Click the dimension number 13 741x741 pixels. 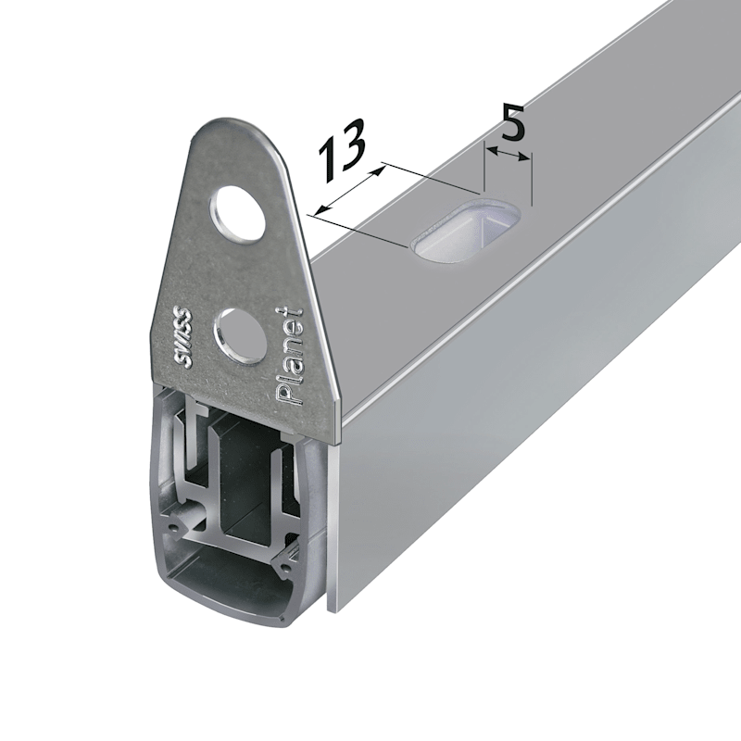[x=342, y=150]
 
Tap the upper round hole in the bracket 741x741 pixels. [x=237, y=215]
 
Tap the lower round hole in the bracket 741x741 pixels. [x=240, y=335]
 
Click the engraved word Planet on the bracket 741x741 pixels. [x=289, y=356]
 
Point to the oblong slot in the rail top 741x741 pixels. [x=466, y=228]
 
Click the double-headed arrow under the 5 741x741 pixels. [x=508, y=154]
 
